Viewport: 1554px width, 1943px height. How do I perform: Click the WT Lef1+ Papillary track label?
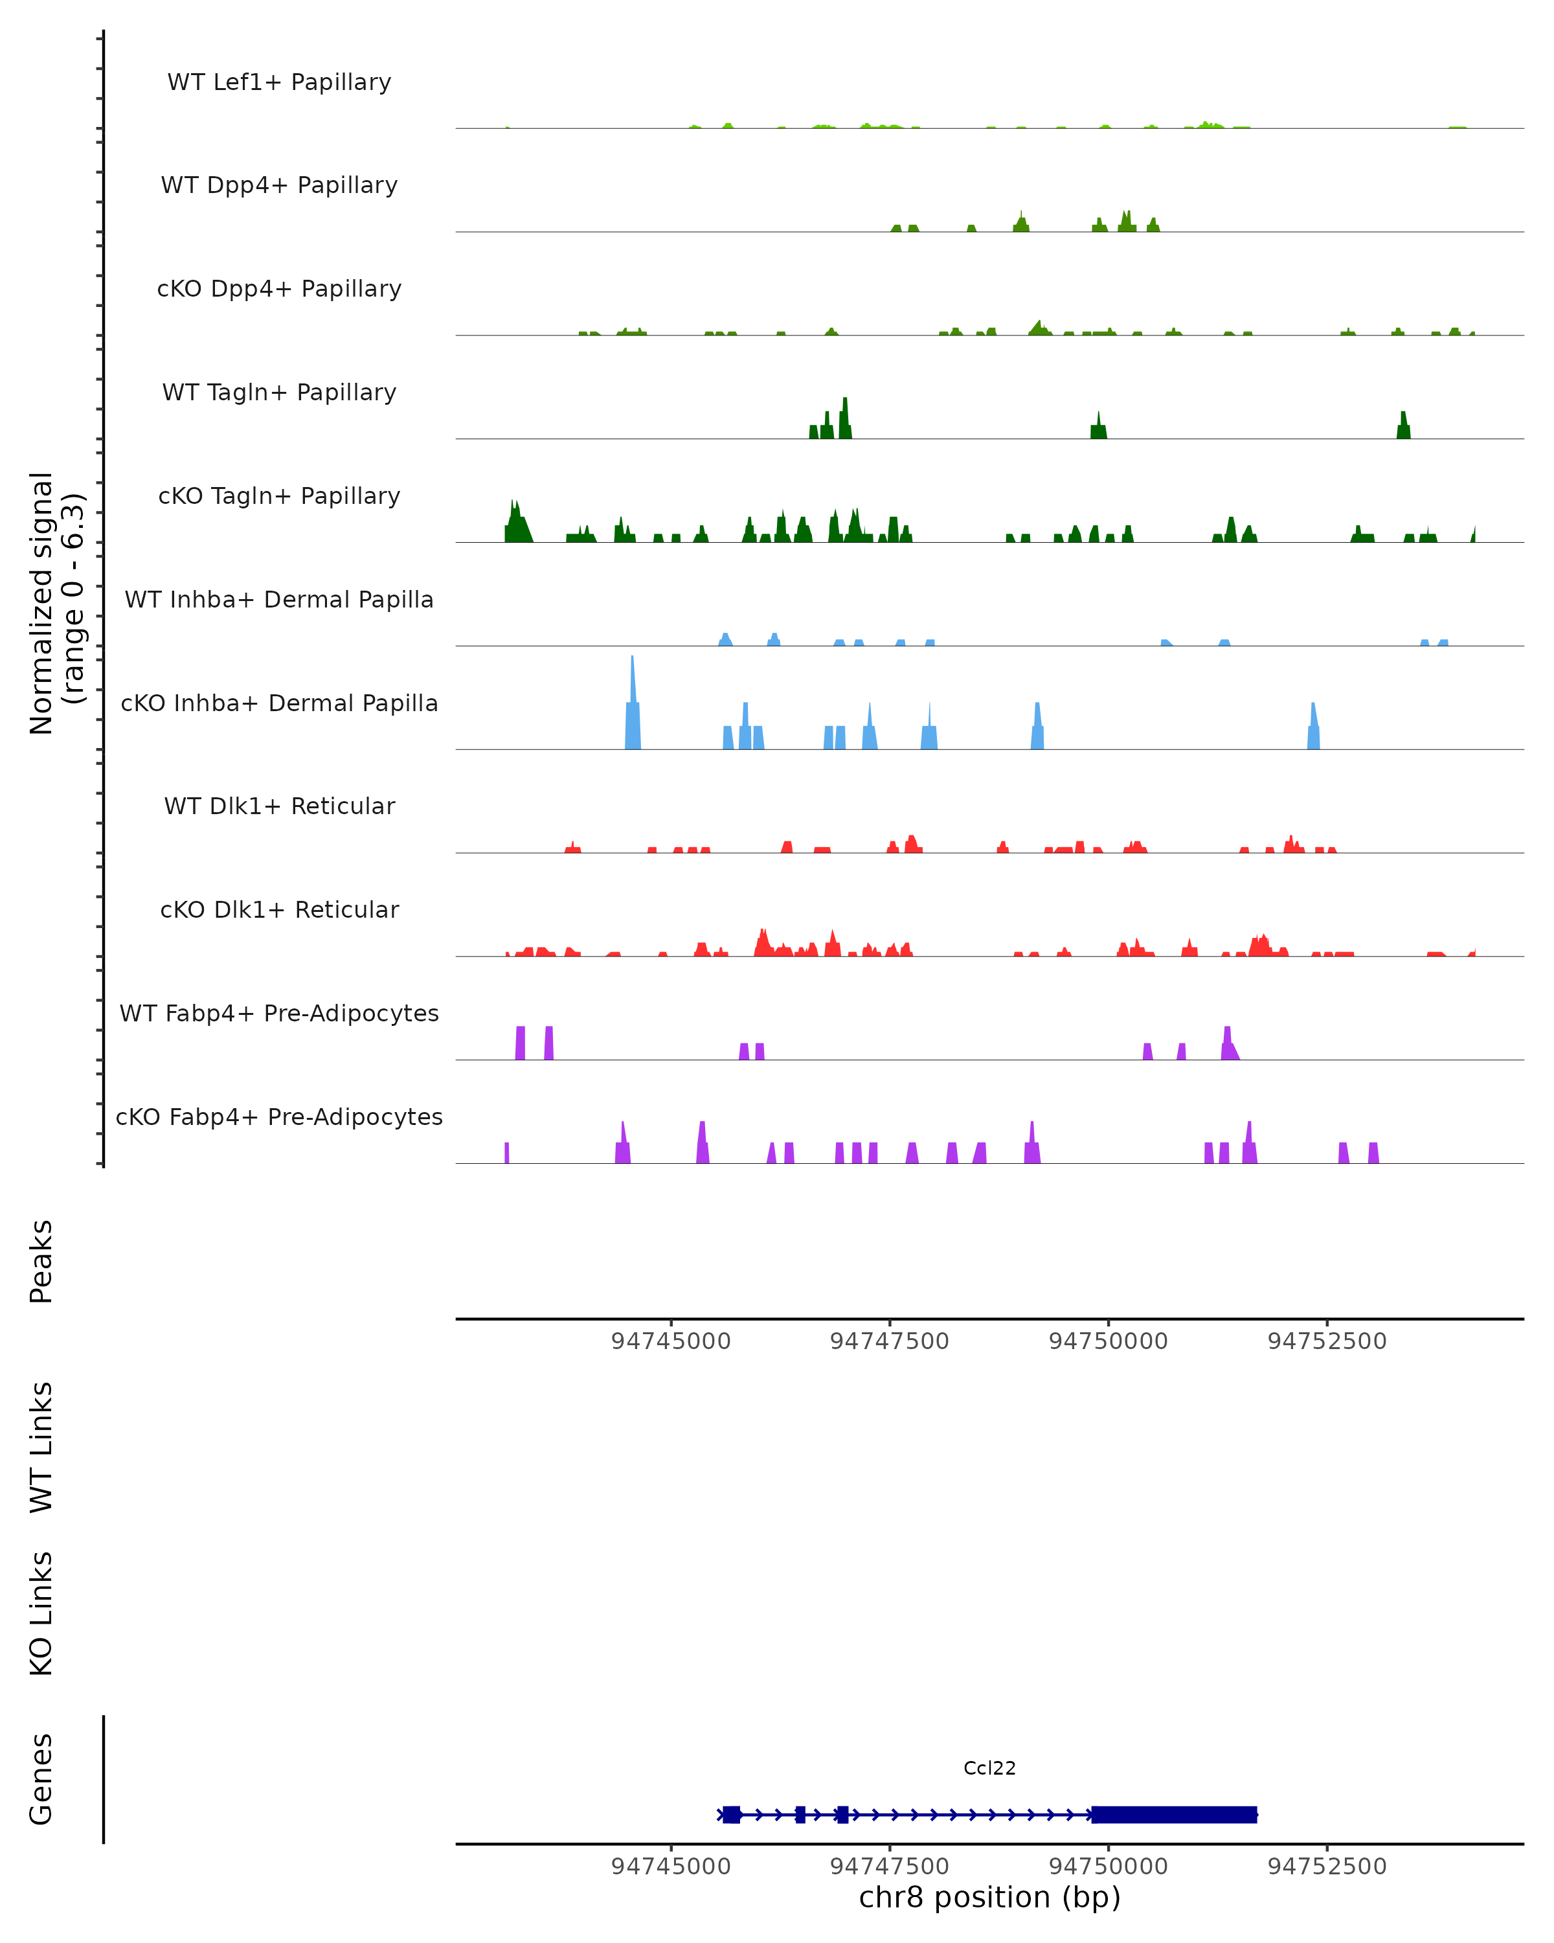(279, 82)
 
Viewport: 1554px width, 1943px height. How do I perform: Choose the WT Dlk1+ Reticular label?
(279, 806)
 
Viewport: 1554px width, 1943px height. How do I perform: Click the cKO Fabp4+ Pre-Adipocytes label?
(279, 1117)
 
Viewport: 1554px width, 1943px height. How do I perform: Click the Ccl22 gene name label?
(989, 1768)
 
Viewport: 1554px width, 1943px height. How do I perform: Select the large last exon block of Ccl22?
(1174, 1814)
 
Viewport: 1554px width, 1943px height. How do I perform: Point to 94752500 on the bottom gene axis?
(1327, 1867)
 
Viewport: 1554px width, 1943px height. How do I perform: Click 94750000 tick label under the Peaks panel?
(1108, 1341)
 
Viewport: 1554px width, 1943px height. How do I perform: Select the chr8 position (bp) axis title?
(989, 1898)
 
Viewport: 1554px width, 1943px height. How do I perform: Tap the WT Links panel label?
(41, 1448)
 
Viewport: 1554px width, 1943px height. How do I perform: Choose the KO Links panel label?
(41, 1613)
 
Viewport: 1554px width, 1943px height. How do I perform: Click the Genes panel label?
(41, 1779)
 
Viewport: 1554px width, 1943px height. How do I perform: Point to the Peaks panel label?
(41, 1262)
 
